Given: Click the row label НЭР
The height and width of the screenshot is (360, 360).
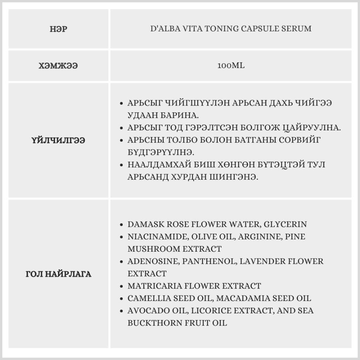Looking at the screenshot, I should (x=58, y=29).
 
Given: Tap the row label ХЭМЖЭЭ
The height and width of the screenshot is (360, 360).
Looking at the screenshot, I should (x=58, y=66).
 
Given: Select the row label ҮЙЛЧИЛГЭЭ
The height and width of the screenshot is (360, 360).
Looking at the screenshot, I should (x=58, y=140).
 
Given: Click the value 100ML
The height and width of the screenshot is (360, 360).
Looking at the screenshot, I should (x=231, y=66).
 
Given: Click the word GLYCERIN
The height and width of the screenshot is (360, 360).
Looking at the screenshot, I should (x=285, y=224).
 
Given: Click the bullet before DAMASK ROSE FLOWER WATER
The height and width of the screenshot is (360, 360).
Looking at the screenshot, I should (x=122, y=225).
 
